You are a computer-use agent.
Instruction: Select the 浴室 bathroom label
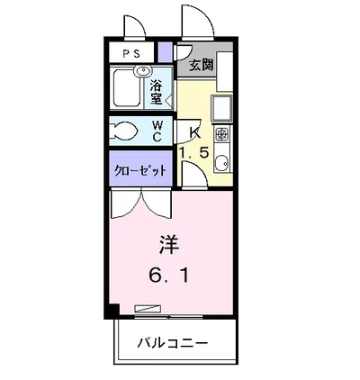(x=157, y=93)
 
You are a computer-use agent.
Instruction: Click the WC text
(x=157, y=131)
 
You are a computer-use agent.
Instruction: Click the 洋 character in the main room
(x=167, y=244)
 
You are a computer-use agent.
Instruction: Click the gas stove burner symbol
(x=221, y=136)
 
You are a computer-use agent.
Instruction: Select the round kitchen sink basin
(x=221, y=164)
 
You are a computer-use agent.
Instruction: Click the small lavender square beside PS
(x=165, y=52)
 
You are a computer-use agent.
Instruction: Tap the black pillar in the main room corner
(x=112, y=311)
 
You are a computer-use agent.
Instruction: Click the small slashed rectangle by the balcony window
(x=145, y=309)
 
